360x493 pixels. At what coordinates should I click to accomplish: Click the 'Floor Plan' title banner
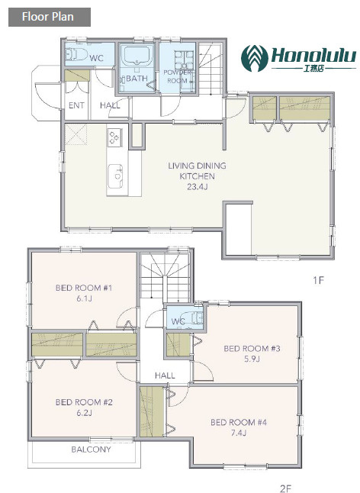[x=50, y=17]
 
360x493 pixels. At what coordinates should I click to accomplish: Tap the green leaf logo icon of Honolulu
[x=254, y=58]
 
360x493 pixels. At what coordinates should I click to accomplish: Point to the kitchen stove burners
[x=114, y=137]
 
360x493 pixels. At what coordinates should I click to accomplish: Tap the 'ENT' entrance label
[x=76, y=105]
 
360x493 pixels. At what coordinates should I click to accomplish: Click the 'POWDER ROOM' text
[x=177, y=76]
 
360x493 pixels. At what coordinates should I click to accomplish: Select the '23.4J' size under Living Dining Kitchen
[x=198, y=187]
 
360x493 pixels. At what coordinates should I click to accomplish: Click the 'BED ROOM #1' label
[x=84, y=288]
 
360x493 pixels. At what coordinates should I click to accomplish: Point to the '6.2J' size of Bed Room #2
[x=84, y=413]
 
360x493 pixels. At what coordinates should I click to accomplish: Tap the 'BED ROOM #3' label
[x=252, y=348]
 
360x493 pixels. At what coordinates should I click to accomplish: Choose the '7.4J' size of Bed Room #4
[x=239, y=433]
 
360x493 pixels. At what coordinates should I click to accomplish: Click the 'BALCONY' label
[x=91, y=449]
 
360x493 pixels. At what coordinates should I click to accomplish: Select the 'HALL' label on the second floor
[x=165, y=375]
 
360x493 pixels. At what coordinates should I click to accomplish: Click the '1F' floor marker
[x=318, y=280]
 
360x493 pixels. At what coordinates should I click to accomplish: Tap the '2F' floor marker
[x=285, y=488]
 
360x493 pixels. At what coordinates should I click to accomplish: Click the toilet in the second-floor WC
[x=193, y=318]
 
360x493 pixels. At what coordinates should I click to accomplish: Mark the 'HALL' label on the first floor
[x=110, y=105]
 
